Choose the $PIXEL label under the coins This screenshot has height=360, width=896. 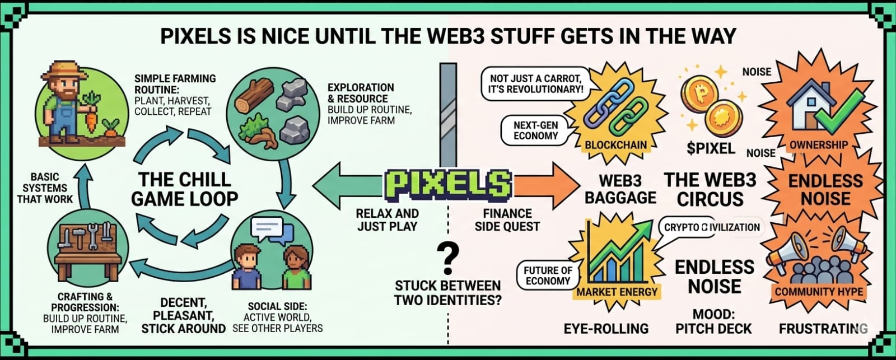pyautogui.click(x=711, y=148)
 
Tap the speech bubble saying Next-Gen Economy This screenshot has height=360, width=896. pyautogui.click(x=536, y=130)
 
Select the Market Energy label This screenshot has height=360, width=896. pyautogui.click(x=617, y=291)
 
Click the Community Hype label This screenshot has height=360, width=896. pyautogui.click(x=819, y=291)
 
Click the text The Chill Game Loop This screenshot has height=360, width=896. pyautogui.click(x=184, y=189)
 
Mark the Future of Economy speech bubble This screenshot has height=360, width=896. pyautogui.click(x=548, y=275)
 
